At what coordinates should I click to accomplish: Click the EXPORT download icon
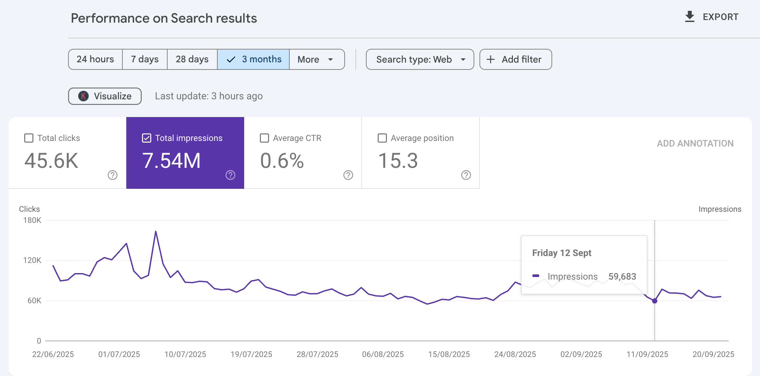[690, 17]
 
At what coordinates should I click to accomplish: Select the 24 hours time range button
[95, 59]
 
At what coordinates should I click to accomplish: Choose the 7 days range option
[145, 59]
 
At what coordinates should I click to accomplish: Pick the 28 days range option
[192, 59]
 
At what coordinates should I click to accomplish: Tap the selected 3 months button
[253, 59]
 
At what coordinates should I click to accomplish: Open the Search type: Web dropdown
[420, 59]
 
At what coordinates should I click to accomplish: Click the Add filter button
[516, 59]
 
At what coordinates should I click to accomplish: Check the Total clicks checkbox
[29, 138]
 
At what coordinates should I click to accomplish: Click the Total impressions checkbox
[147, 138]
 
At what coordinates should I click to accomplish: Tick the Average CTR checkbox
[264, 138]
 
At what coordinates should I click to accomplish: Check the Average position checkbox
[382, 138]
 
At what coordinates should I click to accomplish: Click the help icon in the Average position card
[466, 175]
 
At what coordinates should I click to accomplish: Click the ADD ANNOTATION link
[695, 144]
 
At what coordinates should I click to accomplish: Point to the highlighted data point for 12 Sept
[655, 301]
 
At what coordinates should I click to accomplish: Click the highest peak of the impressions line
[156, 231]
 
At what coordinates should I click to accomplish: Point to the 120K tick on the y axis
[32, 260]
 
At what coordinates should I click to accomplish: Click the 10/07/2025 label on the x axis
[185, 354]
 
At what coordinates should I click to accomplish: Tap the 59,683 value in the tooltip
[622, 276]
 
